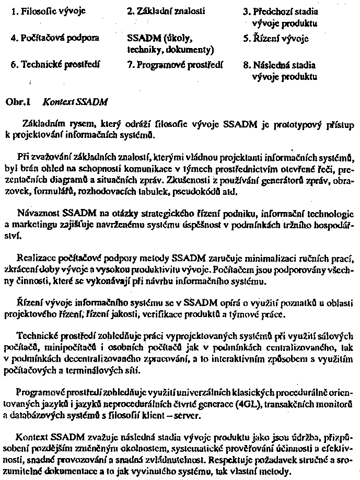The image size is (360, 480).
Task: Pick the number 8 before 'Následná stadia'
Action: pos(246,66)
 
